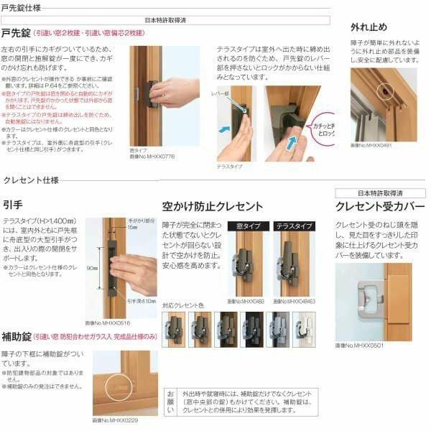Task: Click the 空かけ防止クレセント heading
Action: pos(213,205)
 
